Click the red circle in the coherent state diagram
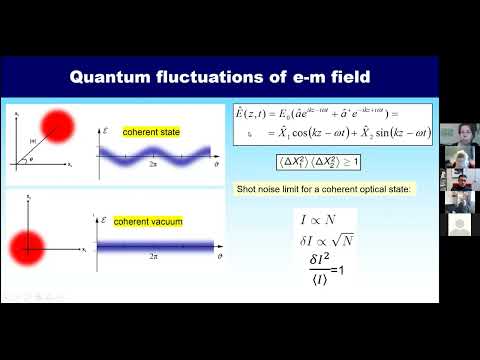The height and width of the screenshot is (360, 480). [59, 125]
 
